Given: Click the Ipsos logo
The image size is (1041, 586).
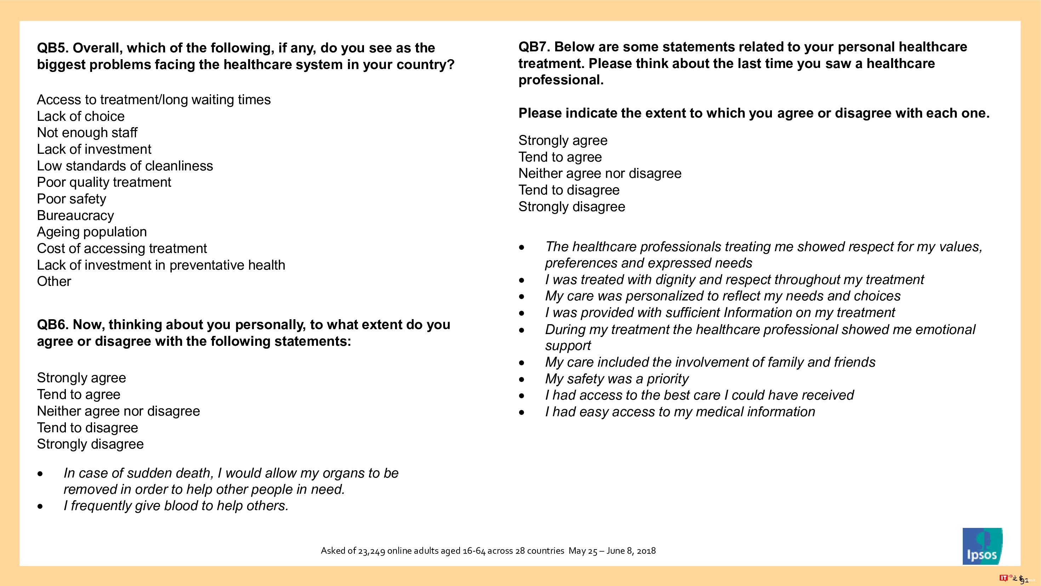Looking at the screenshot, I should pyautogui.click(x=982, y=546).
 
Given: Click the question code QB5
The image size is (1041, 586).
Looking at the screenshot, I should pyautogui.click(x=52, y=48).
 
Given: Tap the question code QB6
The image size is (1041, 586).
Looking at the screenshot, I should pyautogui.click(x=52, y=325).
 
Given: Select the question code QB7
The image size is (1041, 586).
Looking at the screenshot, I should pyautogui.click(x=534, y=47).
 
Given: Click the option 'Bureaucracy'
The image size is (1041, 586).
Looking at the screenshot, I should pyautogui.click(x=75, y=215).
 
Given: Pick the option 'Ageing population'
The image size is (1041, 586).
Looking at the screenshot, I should pyautogui.click(x=92, y=232).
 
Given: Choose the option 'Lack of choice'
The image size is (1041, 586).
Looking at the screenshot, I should pyautogui.click(x=80, y=117).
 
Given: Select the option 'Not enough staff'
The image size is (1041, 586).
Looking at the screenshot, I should pyautogui.click(x=87, y=133).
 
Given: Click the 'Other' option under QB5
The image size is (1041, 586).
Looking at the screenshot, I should pyautogui.click(x=54, y=281).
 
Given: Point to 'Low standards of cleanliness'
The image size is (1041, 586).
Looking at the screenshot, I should pyautogui.click(x=125, y=166).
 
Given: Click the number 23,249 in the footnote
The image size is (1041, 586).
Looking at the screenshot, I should pyautogui.click(x=371, y=551).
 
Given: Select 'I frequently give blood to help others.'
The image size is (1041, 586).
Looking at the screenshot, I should pyautogui.click(x=176, y=506).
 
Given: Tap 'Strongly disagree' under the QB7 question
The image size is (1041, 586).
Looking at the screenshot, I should pyautogui.click(x=571, y=207).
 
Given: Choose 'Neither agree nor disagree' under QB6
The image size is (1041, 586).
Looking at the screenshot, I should pyautogui.click(x=118, y=411).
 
